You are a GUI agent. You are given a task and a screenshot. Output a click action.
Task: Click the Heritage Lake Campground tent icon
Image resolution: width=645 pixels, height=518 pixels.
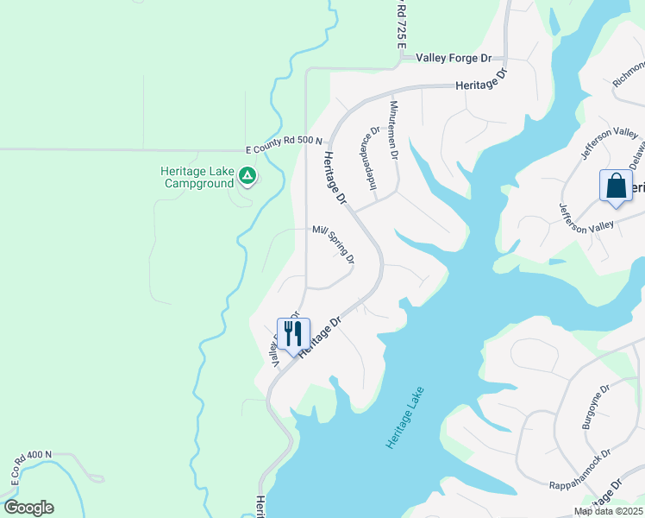[247, 176]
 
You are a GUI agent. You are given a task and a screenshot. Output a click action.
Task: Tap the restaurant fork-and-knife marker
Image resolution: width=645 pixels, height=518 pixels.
[291, 333]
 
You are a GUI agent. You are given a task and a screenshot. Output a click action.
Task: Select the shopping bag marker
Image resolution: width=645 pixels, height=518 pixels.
[616, 186]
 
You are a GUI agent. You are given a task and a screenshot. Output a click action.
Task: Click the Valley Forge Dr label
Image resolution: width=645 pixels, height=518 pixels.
[453, 58]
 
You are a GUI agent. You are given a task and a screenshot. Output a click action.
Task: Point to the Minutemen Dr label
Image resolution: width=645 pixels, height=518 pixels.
[394, 129]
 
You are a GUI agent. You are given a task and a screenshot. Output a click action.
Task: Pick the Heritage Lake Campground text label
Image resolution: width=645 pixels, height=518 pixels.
[197, 177]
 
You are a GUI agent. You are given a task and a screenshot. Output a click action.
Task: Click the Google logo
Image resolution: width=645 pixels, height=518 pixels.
[28, 508]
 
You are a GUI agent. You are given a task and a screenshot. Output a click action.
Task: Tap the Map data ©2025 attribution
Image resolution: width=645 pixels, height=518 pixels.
[608, 511]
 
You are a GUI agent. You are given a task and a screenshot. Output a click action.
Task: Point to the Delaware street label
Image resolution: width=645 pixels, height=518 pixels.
[636, 155]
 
